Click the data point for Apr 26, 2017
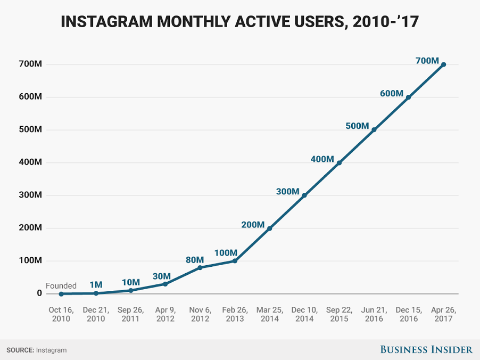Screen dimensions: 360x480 point(443,64)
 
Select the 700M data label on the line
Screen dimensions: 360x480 point(427,61)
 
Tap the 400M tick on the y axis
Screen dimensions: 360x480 point(31,162)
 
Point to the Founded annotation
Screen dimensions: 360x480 point(61,285)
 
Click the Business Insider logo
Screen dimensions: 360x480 point(426,349)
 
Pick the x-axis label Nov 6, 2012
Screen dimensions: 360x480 point(200,314)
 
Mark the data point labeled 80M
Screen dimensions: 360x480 point(200,267)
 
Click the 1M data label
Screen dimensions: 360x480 point(96,285)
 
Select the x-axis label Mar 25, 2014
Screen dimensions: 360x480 point(269,314)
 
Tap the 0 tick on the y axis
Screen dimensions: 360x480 point(39,293)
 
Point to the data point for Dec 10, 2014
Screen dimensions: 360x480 point(304,195)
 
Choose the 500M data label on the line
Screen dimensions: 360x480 point(357,126)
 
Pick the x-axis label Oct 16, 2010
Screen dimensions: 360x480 point(61,314)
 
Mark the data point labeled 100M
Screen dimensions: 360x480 point(235,261)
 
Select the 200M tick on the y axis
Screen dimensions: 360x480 point(31,228)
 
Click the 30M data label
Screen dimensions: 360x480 point(161,276)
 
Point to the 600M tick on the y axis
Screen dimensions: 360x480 point(31,97)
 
